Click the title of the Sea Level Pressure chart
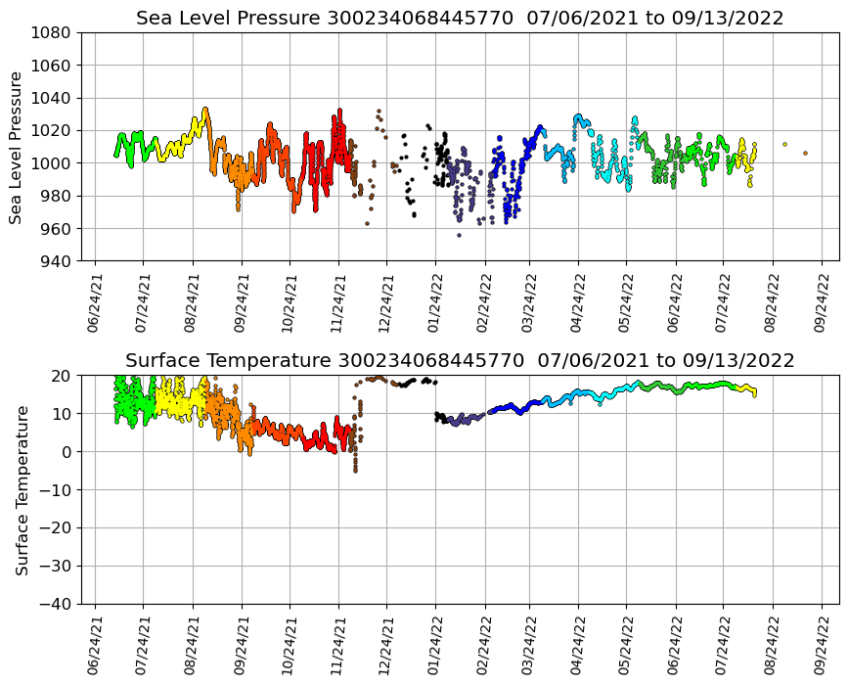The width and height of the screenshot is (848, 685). tap(460, 19)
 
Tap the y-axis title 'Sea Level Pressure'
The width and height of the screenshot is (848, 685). tap(16, 147)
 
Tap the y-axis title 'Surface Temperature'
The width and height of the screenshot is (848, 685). tap(22, 489)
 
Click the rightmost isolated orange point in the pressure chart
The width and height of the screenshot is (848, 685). tap(805, 153)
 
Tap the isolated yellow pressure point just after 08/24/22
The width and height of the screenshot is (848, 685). tap(784, 144)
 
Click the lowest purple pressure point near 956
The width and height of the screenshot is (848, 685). tap(459, 235)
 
